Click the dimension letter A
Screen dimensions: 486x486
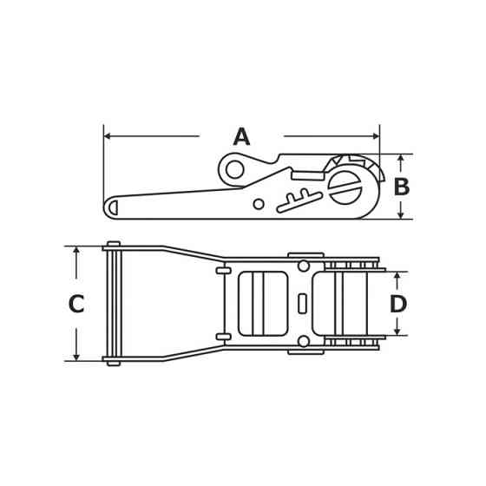[x=241, y=137]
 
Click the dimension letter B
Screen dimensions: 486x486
[x=401, y=187]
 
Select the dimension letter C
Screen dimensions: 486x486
[x=76, y=305]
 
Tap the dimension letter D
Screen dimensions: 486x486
[x=397, y=305]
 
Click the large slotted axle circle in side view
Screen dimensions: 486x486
[x=345, y=187]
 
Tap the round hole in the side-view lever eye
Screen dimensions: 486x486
[x=234, y=168]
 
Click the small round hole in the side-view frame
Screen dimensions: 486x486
[x=259, y=204]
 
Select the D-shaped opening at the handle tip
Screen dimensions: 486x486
[x=113, y=207]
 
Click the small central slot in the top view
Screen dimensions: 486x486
[x=302, y=304]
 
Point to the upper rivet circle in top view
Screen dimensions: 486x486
[x=304, y=266]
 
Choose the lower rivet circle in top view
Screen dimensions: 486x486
[x=304, y=341]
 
